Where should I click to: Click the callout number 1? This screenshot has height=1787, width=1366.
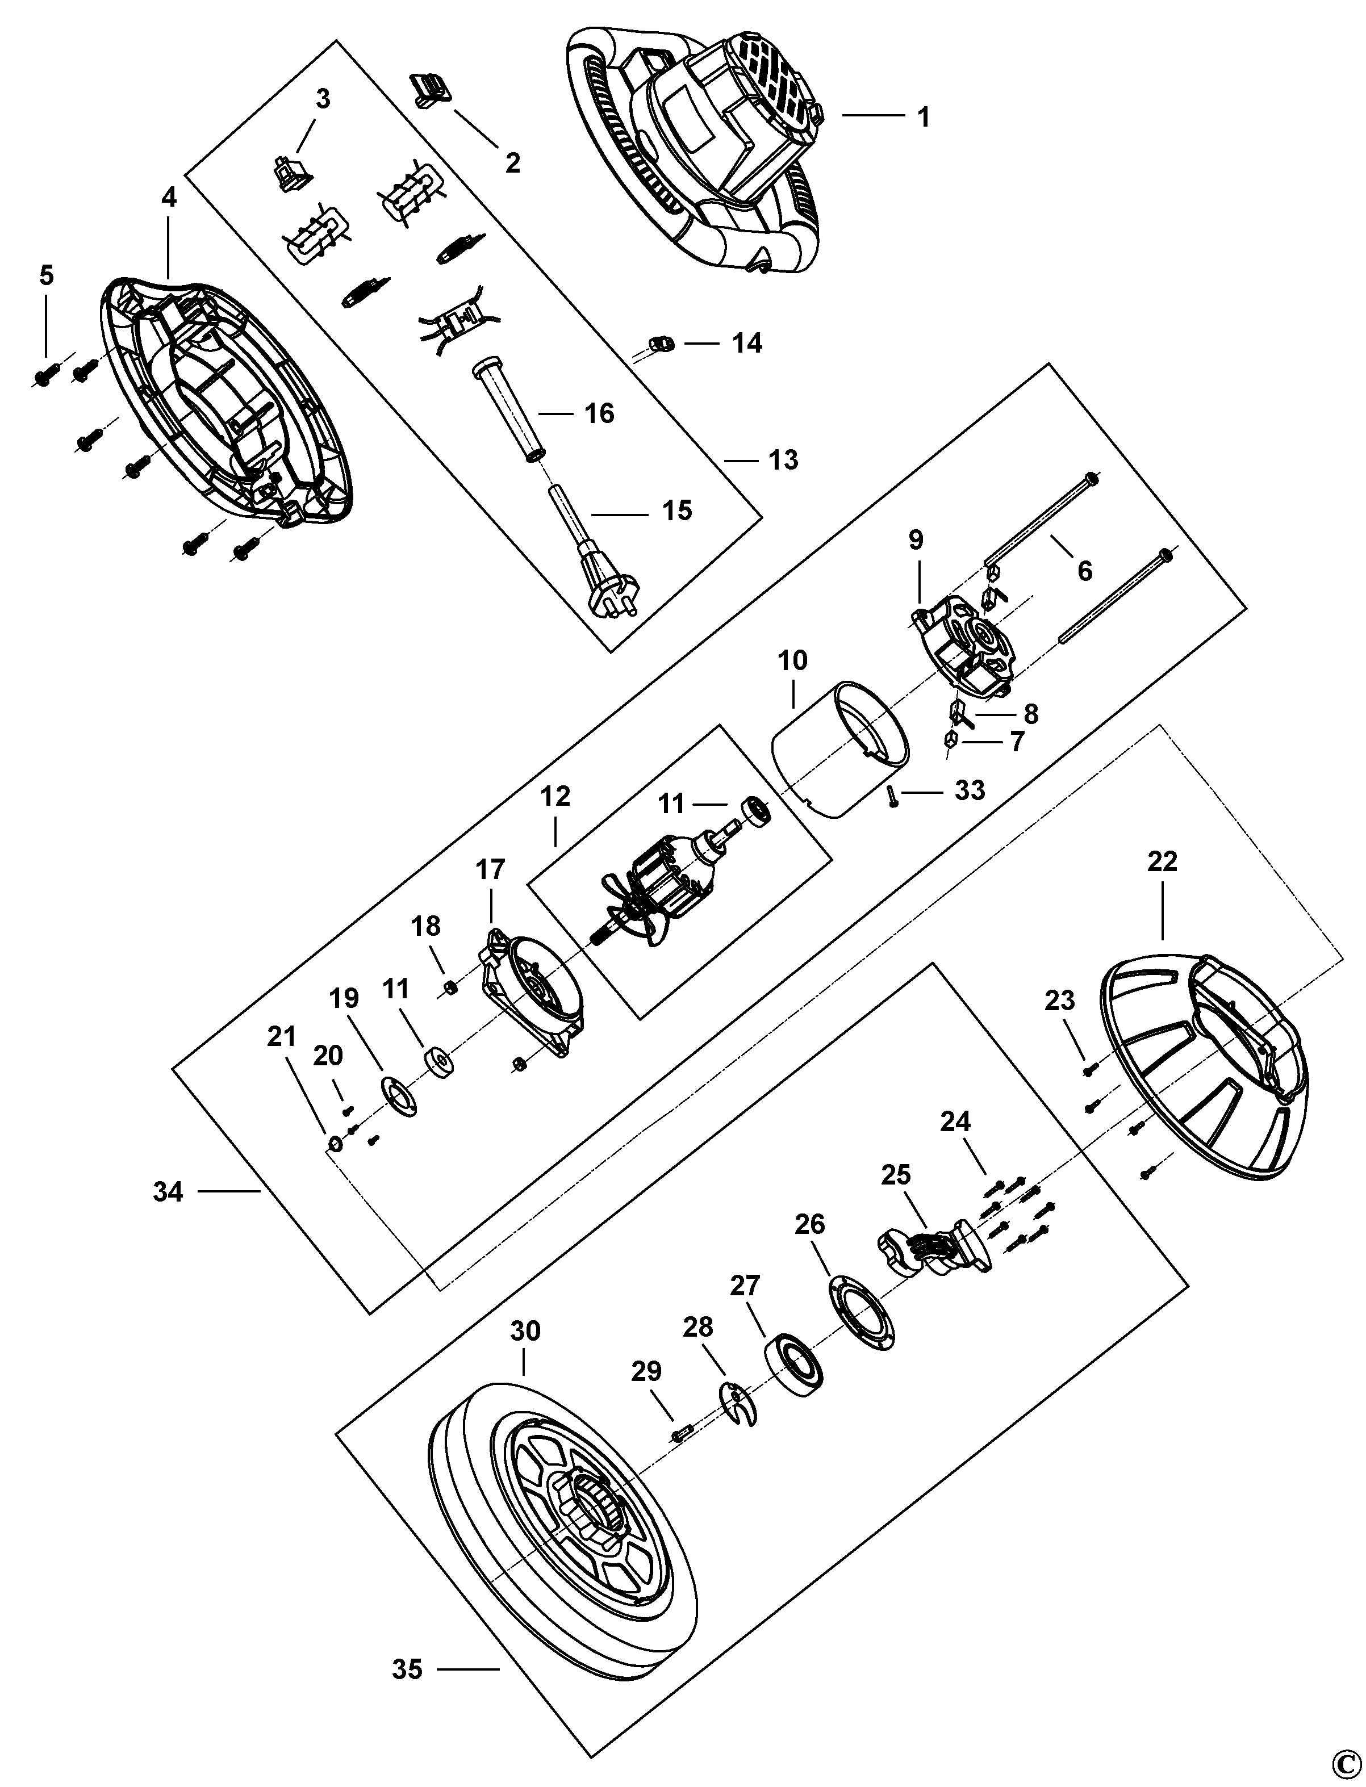click(x=923, y=117)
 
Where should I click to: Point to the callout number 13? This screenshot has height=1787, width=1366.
click(x=783, y=460)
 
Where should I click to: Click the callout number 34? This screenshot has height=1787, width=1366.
click(x=168, y=1192)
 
